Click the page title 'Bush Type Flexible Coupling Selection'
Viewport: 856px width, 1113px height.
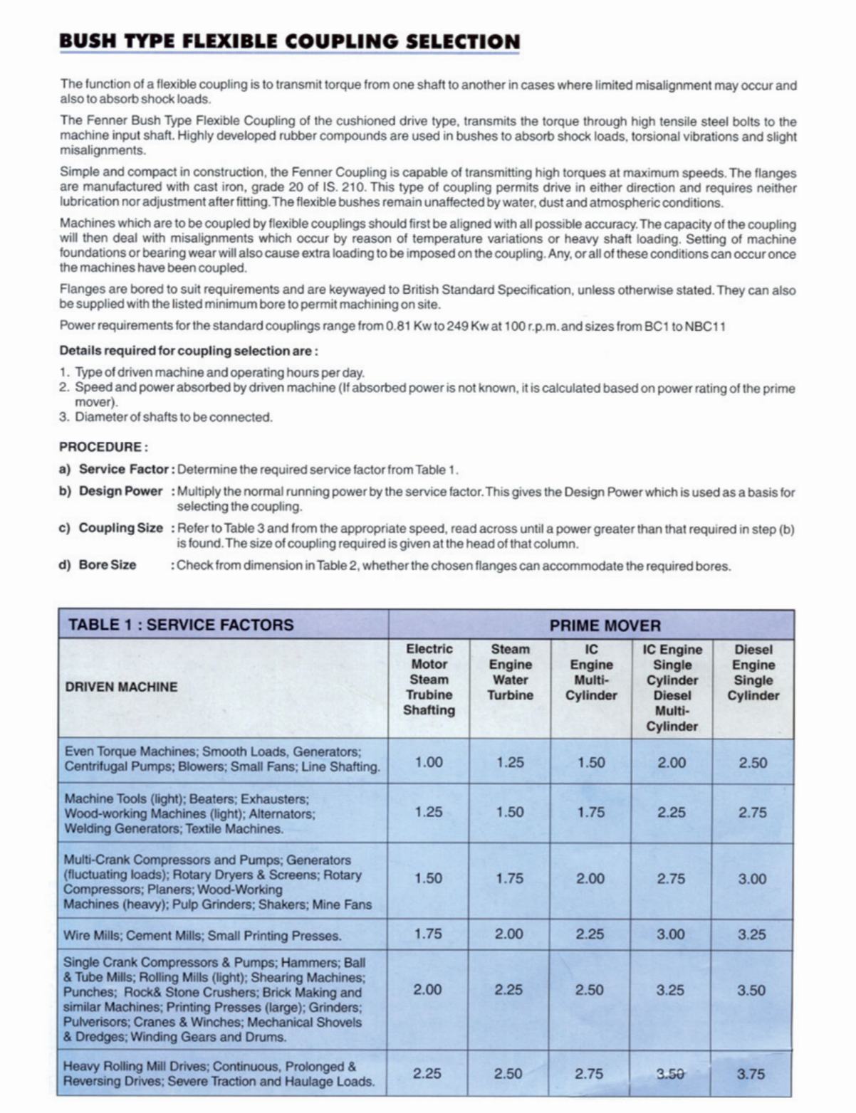pyautogui.click(x=290, y=41)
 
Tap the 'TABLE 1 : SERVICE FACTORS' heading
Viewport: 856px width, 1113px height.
pyautogui.click(x=181, y=625)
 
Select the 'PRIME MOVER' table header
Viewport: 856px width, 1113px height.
pyautogui.click(x=605, y=626)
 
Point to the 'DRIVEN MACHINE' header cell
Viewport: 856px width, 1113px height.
pyautogui.click(x=121, y=687)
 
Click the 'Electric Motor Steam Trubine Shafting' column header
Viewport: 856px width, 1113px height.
pyautogui.click(x=429, y=679)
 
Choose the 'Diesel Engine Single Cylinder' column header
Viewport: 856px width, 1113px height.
pyautogui.click(x=753, y=672)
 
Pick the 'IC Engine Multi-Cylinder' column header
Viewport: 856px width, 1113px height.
pyautogui.click(x=591, y=672)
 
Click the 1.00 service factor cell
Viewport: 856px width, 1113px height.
pyautogui.click(x=429, y=762)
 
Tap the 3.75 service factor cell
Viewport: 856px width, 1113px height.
pyautogui.click(x=751, y=1074)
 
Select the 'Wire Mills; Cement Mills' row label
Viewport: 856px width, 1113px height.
pyautogui.click(x=202, y=935)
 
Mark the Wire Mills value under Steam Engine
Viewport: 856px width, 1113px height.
pyautogui.click(x=508, y=934)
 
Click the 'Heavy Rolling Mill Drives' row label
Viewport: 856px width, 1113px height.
pyautogui.click(x=219, y=1074)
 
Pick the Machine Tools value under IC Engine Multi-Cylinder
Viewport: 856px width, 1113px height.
pyautogui.click(x=590, y=812)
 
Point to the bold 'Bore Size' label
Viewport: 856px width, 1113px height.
pyautogui.click(x=108, y=565)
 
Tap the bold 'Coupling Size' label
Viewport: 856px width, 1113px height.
pyautogui.click(x=121, y=528)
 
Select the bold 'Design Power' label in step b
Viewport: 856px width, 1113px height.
pyautogui.click(x=121, y=491)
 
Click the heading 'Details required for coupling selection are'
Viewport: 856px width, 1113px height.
pyautogui.click(x=189, y=351)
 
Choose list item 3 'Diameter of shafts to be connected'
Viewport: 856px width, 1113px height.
pyautogui.click(x=174, y=417)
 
